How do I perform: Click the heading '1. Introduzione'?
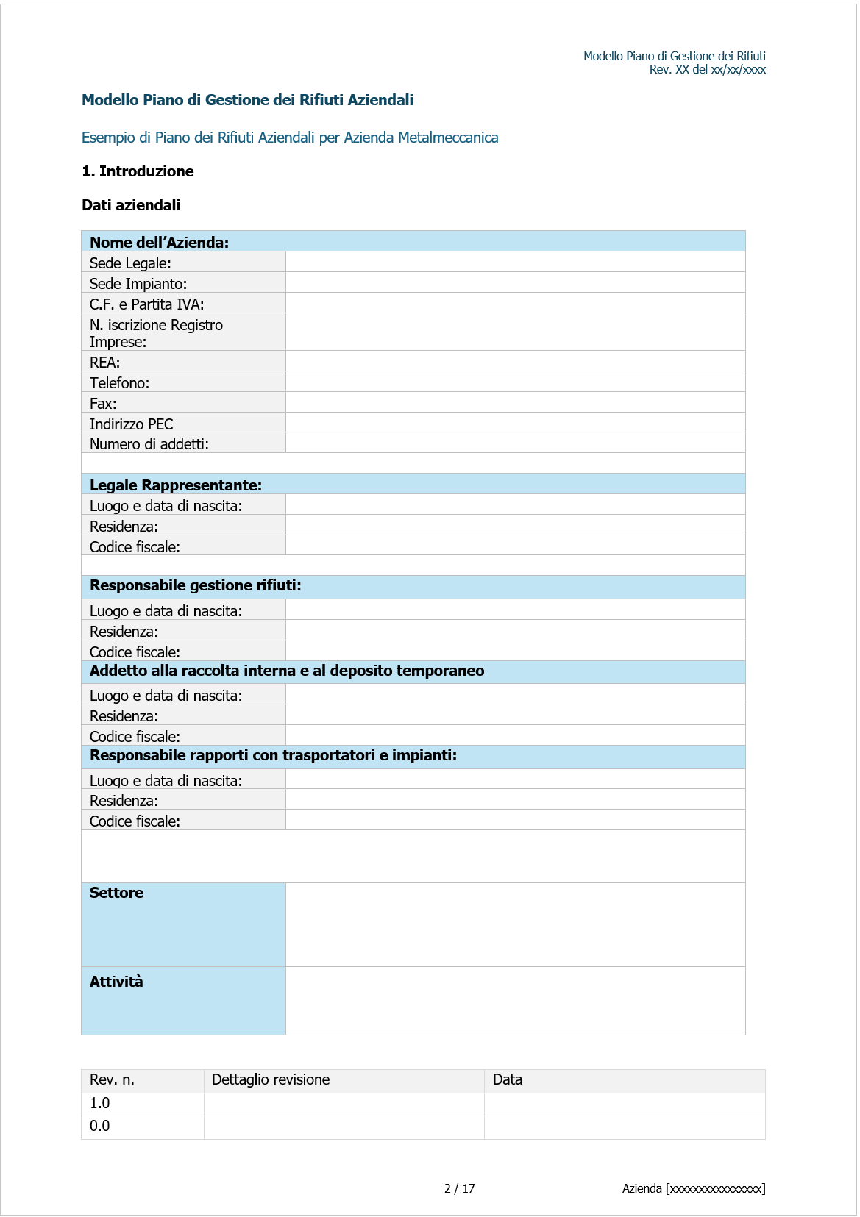[x=138, y=171]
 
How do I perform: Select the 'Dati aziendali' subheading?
[x=131, y=205]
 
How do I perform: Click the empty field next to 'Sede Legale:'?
[x=515, y=262]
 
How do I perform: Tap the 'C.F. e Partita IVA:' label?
[x=146, y=304]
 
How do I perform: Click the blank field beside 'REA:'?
[x=515, y=361]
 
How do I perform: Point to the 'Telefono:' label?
[x=119, y=382]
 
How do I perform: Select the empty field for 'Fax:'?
[x=515, y=402]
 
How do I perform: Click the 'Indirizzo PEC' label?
[x=131, y=424]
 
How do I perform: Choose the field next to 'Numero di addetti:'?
[x=515, y=443]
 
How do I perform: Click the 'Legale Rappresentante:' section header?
[x=176, y=485]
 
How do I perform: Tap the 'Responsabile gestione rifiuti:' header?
[x=195, y=585]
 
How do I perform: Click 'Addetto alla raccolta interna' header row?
[x=286, y=671]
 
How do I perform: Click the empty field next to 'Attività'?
[x=515, y=1000]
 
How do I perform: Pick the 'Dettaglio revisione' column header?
[x=270, y=1079]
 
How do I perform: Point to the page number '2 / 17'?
[x=459, y=1188]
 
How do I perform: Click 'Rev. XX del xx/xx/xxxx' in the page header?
[x=707, y=70]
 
